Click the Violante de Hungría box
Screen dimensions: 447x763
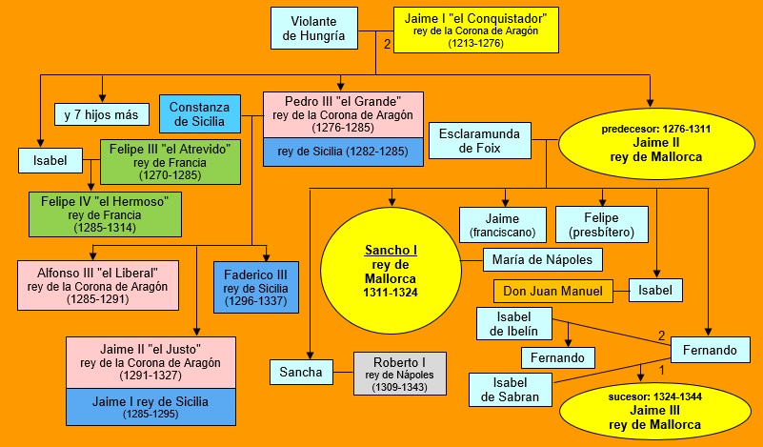[x=313, y=29]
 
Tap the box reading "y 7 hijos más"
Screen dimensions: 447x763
[x=101, y=114]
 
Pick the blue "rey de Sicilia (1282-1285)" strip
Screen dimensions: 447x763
[x=343, y=152]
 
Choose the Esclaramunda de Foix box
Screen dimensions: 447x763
[x=479, y=139]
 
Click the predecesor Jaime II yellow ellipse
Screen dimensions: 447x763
[x=655, y=143]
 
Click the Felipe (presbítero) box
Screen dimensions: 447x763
[x=601, y=224]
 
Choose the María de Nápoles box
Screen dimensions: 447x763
[x=542, y=259]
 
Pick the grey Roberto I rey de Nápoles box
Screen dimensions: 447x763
[x=398, y=373]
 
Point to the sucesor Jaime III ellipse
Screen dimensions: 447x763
[x=655, y=410]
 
